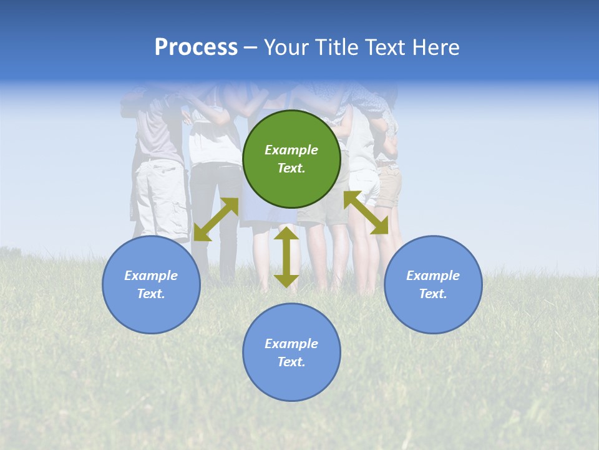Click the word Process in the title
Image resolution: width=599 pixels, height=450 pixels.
[x=196, y=47]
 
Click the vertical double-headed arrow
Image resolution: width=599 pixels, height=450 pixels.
[x=286, y=257]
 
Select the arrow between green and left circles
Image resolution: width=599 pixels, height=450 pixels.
[x=216, y=219]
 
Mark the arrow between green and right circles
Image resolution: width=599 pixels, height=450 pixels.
[x=366, y=213]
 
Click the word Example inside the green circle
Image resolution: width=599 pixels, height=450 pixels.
[x=291, y=150]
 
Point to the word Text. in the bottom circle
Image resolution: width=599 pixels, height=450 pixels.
[x=291, y=362]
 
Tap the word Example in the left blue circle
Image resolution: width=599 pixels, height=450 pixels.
[x=151, y=276]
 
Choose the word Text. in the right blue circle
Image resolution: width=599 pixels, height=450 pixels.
[x=433, y=294]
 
